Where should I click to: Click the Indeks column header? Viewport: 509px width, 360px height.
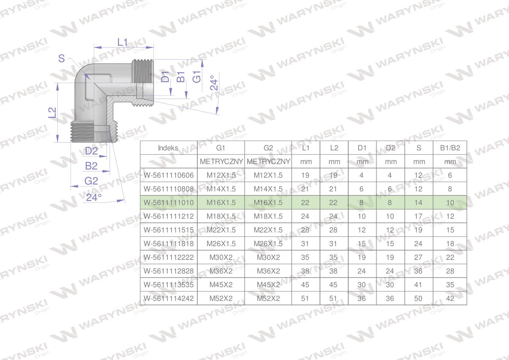pos(168,148)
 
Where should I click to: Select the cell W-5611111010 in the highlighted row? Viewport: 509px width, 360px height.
pos(169,202)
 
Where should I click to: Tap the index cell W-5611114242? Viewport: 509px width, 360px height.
pos(169,298)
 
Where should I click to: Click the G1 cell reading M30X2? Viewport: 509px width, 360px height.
pos(221,257)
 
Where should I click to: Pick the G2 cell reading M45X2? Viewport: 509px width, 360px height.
pos(268,285)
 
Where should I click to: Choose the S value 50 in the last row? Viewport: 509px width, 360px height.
pos(418,298)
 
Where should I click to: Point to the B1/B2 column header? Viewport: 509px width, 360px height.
pos(450,148)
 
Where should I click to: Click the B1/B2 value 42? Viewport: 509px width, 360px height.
pos(450,298)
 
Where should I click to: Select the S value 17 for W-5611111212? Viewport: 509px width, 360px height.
pos(418,216)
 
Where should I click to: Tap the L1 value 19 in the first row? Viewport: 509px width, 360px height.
pos(305,175)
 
